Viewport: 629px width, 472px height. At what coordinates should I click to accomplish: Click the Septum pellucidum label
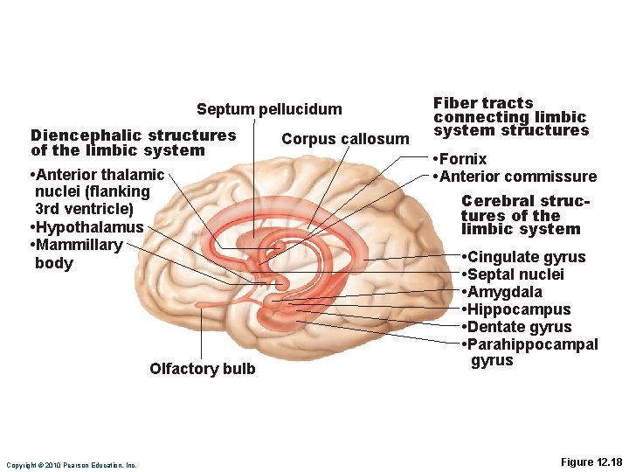pos(269,109)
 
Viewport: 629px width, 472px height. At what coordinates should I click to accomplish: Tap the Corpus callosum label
pos(345,139)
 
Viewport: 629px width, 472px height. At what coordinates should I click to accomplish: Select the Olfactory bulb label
pos(203,369)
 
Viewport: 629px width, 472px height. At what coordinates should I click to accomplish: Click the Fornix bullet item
pos(463,159)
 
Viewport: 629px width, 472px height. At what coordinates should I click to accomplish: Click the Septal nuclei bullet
pos(515,274)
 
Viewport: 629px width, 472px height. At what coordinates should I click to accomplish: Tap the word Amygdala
pos(506,292)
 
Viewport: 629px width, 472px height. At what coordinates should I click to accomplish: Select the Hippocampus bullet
pos(519,309)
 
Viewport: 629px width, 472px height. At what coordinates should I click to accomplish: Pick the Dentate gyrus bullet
pos(520,327)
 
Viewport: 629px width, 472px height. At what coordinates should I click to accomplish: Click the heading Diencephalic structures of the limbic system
pos(133,142)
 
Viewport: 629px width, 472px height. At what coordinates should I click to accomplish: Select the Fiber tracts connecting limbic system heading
pos(511,117)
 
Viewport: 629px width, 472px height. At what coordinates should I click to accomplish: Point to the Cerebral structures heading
pos(524,215)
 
